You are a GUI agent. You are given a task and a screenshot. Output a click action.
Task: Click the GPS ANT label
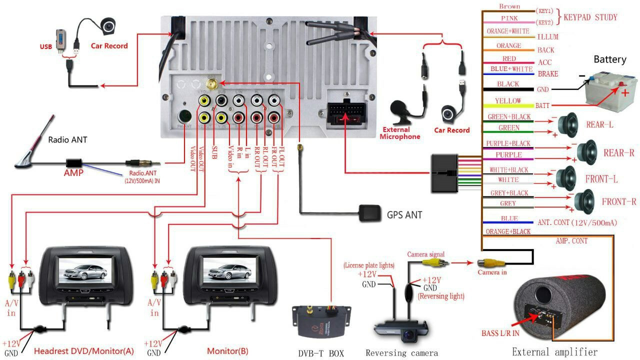(404, 215)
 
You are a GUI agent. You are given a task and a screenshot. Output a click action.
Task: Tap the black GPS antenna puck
(369, 213)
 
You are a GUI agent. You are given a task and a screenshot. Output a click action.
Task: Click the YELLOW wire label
(507, 101)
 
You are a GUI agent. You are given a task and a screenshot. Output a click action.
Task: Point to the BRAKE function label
(548, 74)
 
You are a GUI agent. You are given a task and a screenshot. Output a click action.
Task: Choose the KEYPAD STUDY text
(590, 17)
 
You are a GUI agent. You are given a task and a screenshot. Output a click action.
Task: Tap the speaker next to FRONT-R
(585, 201)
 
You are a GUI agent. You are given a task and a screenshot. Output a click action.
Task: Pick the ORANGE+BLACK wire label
(507, 231)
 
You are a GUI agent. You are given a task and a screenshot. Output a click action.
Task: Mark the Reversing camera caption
(401, 353)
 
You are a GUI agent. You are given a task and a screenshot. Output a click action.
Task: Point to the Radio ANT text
(67, 140)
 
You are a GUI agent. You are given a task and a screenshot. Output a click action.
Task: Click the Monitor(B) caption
(227, 351)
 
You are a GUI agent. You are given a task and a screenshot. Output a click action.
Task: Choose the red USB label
(46, 47)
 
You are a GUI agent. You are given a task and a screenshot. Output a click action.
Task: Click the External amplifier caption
(554, 351)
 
